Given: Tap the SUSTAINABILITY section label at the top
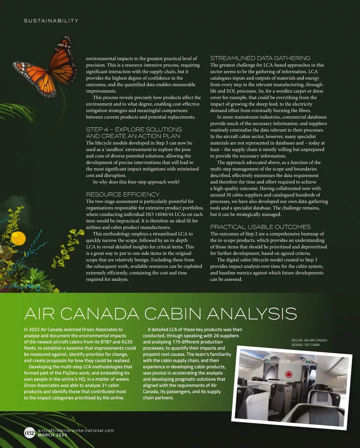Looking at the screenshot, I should tap(51, 21).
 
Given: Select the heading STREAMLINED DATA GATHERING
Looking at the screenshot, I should tap(260, 58).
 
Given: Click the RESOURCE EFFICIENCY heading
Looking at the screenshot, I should tap(122, 194).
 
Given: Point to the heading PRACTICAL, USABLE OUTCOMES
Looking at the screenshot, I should tap(260, 227).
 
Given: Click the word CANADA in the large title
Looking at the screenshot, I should tap(102, 314).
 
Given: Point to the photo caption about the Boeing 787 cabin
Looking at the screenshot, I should tap(309, 342).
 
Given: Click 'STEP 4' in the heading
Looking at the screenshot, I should tap(97, 130).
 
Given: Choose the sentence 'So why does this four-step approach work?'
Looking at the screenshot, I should tap(136, 182).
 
